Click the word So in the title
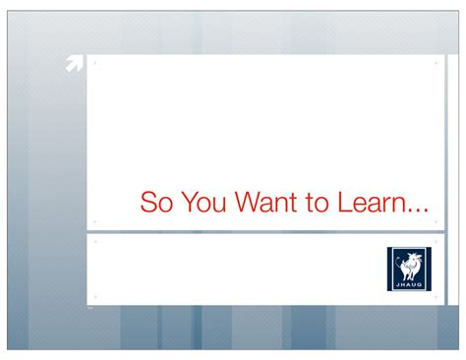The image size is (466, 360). point(156,204)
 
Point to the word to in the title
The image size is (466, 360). point(317,204)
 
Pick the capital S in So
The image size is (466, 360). point(148,204)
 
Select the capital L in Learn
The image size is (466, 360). point(343,204)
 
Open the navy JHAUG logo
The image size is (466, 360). point(408,268)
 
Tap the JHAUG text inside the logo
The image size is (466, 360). point(408,283)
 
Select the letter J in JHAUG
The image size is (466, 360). point(398,283)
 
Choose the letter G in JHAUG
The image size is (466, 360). point(418,283)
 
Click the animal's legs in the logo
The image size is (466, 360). point(409,273)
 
